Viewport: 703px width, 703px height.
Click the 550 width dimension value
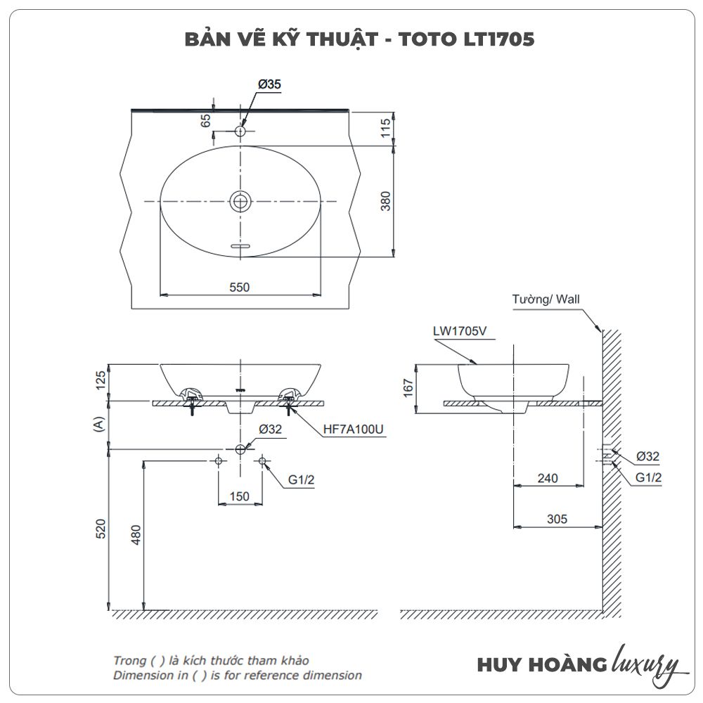pyautogui.click(x=239, y=287)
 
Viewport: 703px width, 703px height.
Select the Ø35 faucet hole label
pyautogui.click(x=269, y=84)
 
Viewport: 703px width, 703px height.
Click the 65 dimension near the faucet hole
pyautogui.click(x=206, y=120)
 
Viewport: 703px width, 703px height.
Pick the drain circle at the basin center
pyautogui.click(x=240, y=202)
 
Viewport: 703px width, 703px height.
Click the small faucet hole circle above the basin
pyautogui.click(x=240, y=131)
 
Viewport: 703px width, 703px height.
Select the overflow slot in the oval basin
pyautogui.click(x=240, y=246)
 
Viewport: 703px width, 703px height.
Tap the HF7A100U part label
pyautogui.click(x=354, y=430)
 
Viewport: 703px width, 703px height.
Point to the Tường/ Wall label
pyautogui.click(x=546, y=299)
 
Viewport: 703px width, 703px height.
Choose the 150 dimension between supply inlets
pyautogui.click(x=240, y=496)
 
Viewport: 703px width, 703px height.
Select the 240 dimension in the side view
pyautogui.click(x=547, y=478)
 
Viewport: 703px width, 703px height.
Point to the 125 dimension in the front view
pyautogui.click(x=101, y=380)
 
